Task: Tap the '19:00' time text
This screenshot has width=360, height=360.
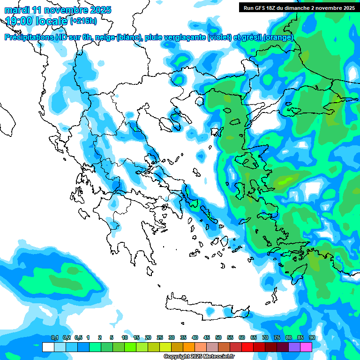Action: (19, 21)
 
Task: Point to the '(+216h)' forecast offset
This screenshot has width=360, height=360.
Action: (83, 21)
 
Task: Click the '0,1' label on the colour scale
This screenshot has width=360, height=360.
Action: (55, 338)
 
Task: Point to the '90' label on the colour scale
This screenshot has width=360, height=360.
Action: (312, 338)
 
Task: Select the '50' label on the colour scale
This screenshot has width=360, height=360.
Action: (218, 338)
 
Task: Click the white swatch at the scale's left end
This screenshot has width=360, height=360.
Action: (48, 347)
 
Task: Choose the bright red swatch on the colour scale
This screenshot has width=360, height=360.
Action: (247, 347)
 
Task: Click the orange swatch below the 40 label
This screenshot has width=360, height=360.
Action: (189, 347)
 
